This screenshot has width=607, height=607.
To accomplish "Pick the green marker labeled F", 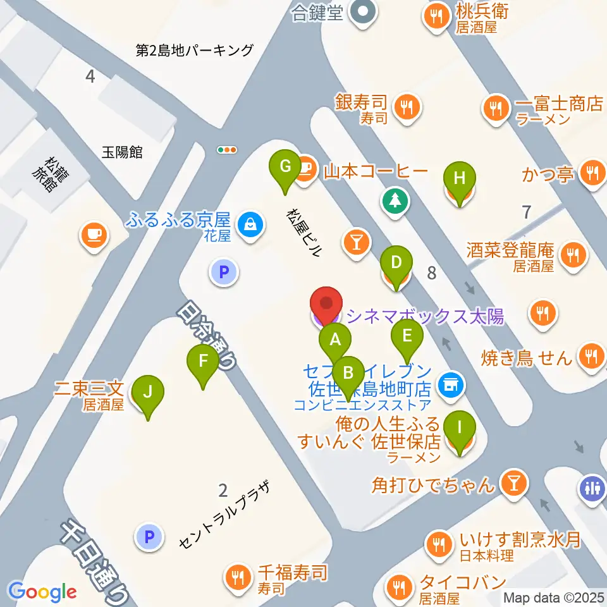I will point(203,362).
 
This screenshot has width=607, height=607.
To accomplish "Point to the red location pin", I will point(326,305).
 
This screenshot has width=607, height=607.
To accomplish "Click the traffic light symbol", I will point(226,150).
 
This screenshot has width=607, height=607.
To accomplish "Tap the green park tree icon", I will point(395,202).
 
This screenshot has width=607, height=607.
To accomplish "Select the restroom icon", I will point(591,488).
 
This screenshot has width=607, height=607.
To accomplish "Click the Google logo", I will point(42,591).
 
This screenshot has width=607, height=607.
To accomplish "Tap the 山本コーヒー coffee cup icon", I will point(305,168).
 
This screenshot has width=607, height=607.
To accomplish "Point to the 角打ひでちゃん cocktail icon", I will point(512,484).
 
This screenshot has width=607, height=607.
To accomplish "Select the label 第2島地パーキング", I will point(194,50).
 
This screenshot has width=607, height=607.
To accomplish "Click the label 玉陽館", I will point(122,152).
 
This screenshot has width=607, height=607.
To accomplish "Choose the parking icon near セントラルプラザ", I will point(149,537).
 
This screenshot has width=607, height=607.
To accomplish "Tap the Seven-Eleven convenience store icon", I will point(450,383).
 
